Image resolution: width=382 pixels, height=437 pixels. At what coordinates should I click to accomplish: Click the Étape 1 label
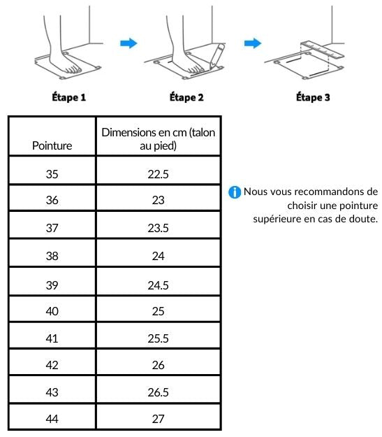click(x=68, y=97)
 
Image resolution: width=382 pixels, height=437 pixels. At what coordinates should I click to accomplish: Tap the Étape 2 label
click(x=186, y=97)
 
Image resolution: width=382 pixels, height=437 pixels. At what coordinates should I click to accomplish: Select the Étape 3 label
click(x=313, y=97)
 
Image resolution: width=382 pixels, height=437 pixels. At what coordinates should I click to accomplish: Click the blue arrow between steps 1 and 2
click(x=128, y=43)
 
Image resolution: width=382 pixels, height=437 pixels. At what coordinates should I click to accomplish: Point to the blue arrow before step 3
click(x=253, y=43)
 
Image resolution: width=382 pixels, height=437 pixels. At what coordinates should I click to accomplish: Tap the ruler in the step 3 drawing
click(x=323, y=50)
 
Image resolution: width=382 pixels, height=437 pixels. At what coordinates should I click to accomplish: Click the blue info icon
click(x=235, y=192)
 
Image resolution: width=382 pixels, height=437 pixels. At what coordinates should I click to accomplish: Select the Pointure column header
click(x=52, y=145)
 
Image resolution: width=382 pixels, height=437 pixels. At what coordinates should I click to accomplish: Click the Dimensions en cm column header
click(x=158, y=139)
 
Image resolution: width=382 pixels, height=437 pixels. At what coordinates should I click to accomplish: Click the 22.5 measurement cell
click(x=158, y=174)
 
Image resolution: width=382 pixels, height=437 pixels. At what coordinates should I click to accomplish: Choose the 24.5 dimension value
click(x=158, y=285)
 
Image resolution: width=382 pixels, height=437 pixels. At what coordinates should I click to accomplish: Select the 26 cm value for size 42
click(x=158, y=365)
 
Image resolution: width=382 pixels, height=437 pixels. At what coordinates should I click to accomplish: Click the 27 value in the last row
click(x=158, y=419)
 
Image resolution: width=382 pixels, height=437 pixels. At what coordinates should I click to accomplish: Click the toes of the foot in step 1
click(x=73, y=69)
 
